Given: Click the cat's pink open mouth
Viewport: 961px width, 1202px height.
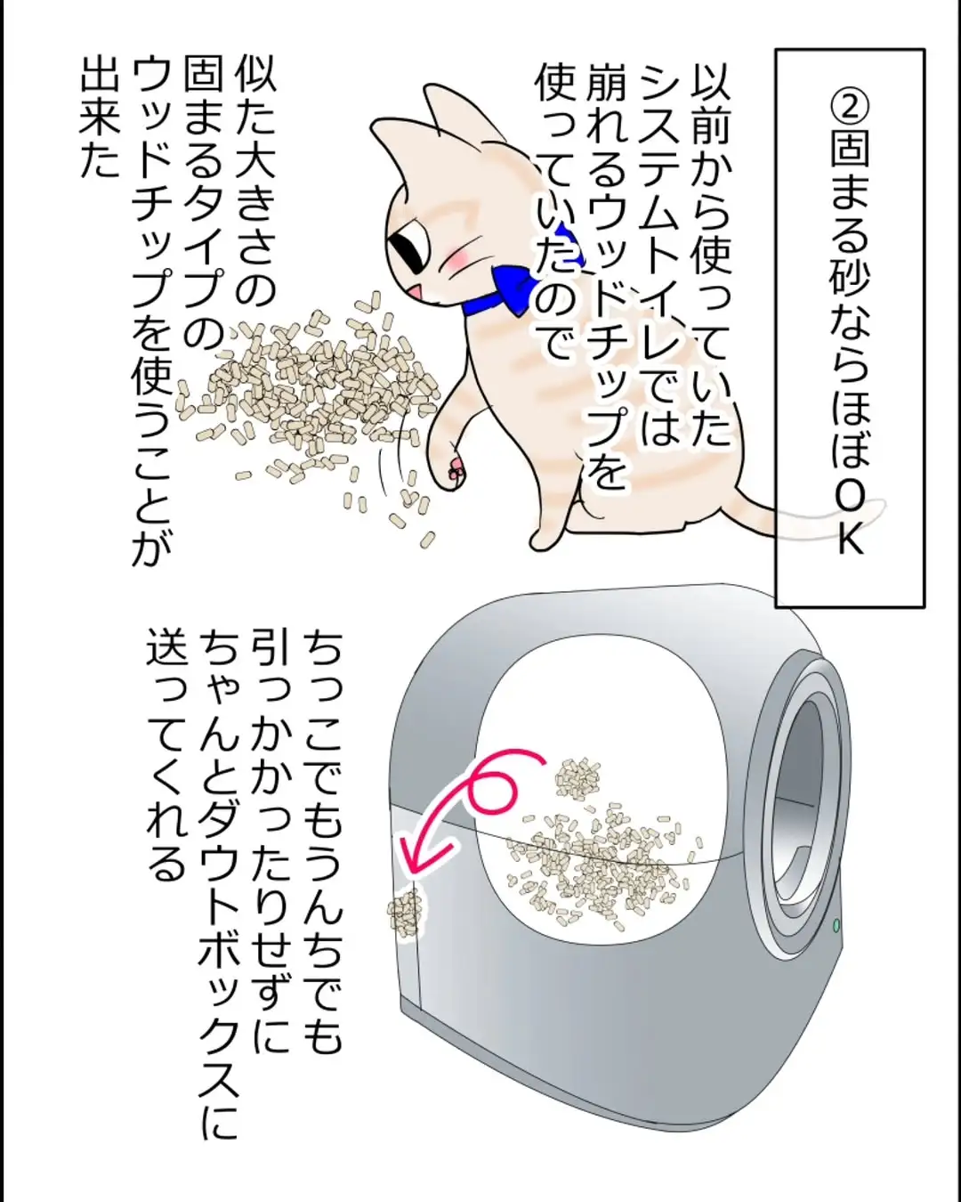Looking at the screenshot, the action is coord(416,293).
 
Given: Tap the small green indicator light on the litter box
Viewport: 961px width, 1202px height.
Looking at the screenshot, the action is coord(836,926).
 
